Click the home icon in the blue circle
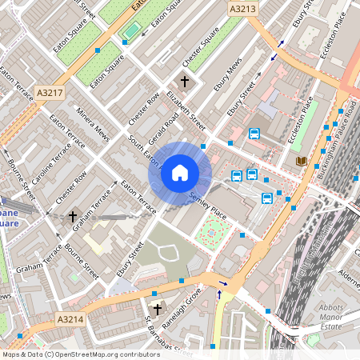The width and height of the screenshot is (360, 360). [x=180, y=172]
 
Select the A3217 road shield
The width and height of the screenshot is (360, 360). [x=50, y=94]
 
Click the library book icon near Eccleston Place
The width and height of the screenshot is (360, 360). [x=301, y=162]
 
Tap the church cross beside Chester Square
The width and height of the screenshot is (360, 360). [x=185, y=82]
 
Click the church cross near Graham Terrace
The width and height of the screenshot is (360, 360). [x=73, y=216]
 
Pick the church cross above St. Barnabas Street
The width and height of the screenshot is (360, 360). [x=158, y=308]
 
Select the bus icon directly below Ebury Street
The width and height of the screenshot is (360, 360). [x=254, y=134]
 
